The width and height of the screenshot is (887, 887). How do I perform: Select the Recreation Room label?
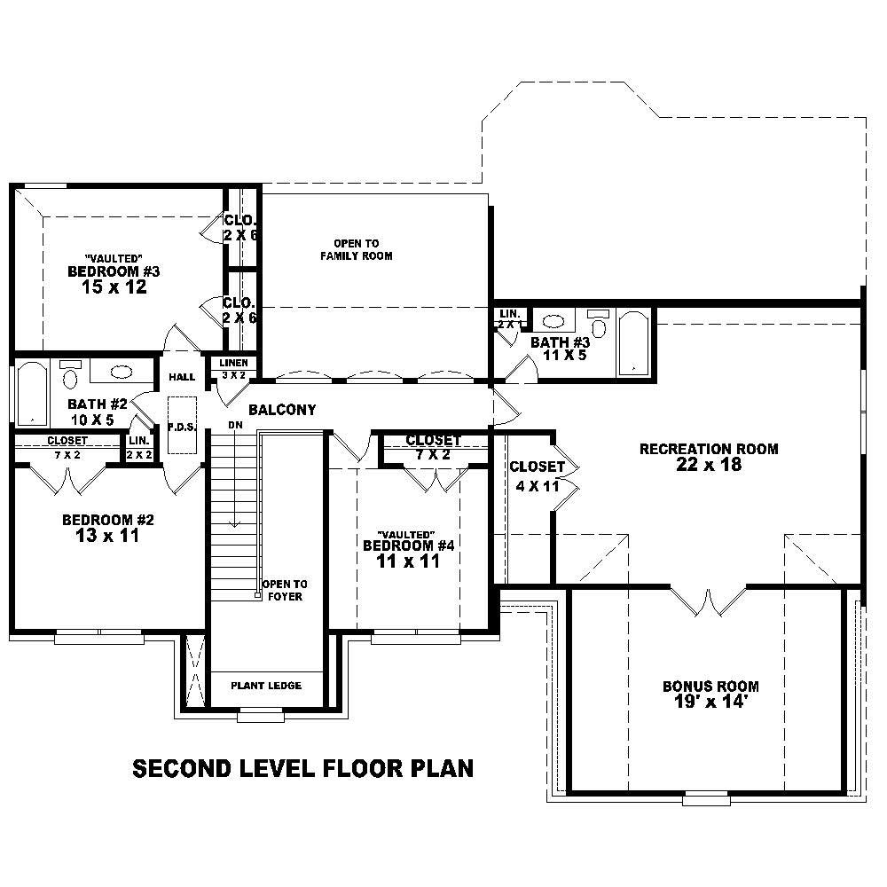pyautogui.click(x=709, y=449)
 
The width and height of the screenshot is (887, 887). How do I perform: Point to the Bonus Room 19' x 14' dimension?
pyautogui.click(x=710, y=702)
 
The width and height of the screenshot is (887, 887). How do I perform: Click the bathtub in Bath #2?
pyautogui.click(x=32, y=393)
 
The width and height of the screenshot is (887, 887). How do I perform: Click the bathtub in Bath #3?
pyautogui.click(x=633, y=342)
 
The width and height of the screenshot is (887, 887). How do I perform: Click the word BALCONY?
pyautogui.click(x=282, y=410)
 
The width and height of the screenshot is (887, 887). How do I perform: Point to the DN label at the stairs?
pyautogui.click(x=235, y=425)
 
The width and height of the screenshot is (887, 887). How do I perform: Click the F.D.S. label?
pyautogui.click(x=181, y=427)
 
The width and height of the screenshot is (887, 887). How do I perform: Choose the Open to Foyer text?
pyautogui.click(x=284, y=590)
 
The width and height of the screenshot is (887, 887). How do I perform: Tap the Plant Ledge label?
pyautogui.click(x=266, y=686)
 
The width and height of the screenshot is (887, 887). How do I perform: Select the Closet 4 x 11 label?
pyautogui.click(x=537, y=475)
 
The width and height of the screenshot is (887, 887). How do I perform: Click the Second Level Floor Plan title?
pyautogui.click(x=302, y=768)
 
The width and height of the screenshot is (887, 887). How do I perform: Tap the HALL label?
pyautogui.click(x=182, y=377)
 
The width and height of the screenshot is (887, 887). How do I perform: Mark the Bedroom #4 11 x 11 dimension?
pyautogui.click(x=408, y=561)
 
